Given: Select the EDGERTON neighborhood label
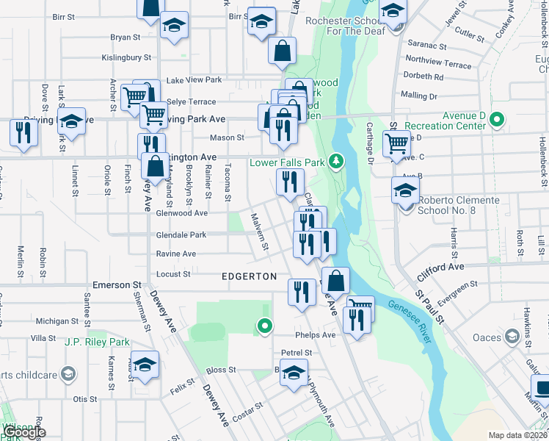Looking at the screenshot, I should (x=250, y=276).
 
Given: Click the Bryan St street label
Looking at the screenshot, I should (x=125, y=37).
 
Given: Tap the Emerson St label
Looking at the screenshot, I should (x=117, y=284).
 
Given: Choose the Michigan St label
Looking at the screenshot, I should (x=57, y=321).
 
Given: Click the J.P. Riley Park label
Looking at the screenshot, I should (x=97, y=342).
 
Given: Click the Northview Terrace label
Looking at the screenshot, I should (x=438, y=65).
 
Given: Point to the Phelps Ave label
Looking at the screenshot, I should (x=315, y=335).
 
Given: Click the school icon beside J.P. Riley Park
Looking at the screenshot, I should (x=145, y=365).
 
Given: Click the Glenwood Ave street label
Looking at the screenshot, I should (x=182, y=213).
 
